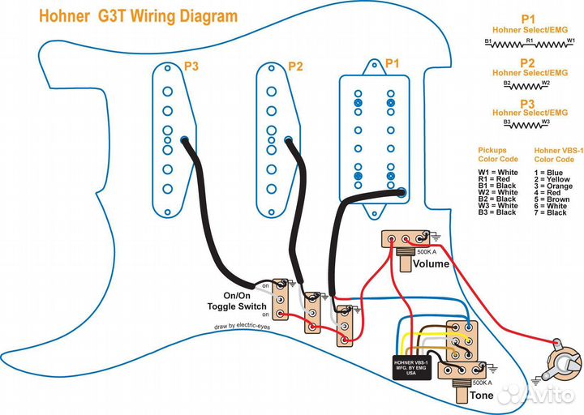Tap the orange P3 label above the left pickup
[191, 66]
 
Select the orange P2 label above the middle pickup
[295, 66]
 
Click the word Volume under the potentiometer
[431, 264]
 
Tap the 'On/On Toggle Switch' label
[234, 301]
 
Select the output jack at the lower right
[560, 362]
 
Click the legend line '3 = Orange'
[552, 186]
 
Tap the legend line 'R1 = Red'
[496, 179]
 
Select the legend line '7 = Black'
[549, 212]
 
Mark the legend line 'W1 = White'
[497, 173]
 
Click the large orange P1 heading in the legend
[529, 17]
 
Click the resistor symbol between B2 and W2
[528, 83]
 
